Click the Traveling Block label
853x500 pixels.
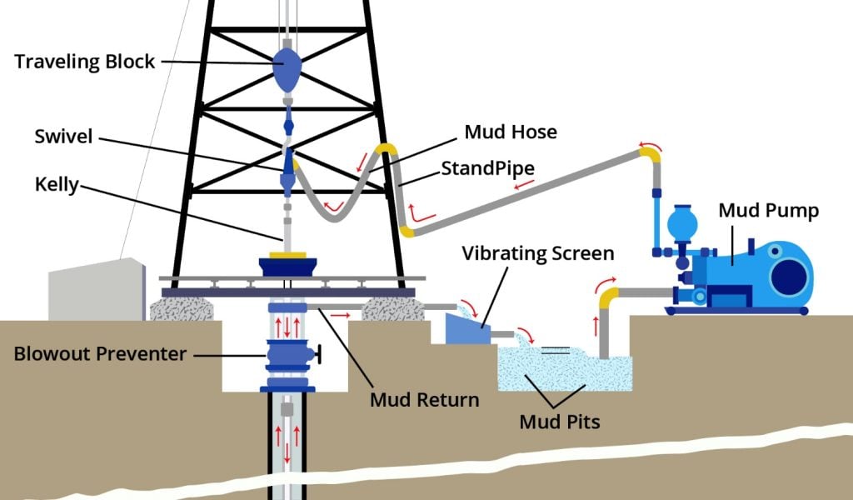pos(85,62)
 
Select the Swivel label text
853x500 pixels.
pos(63,135)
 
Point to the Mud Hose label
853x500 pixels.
pos(509,132)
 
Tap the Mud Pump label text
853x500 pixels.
pos(768,211)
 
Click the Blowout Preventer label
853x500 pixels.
pos(100,353)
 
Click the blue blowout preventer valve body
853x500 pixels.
pos(287,357)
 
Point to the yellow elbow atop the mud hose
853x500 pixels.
pos(384,150)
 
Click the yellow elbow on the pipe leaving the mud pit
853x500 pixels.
pos(611,295)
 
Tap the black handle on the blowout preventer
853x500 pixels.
pos(319,358)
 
